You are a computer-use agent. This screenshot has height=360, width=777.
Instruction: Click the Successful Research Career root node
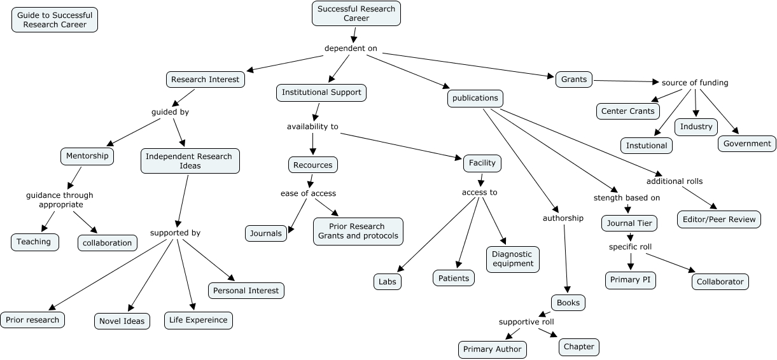coord(356,13)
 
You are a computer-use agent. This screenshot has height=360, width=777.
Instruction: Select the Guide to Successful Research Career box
coord(55,20)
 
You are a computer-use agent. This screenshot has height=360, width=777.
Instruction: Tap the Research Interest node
coord(206,80)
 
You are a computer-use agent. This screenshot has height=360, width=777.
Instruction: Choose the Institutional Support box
coord(321,92)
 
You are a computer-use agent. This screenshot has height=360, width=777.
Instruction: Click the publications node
coord(475,98)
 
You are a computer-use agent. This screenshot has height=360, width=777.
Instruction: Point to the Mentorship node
coord(87,156)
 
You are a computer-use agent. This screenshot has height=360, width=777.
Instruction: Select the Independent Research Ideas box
coord(190,161)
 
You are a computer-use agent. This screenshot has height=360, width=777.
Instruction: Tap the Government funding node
coord(747,144)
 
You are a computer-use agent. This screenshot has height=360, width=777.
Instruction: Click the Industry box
coord(696,127)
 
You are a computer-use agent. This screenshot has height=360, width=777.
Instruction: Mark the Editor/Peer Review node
coord(719,219)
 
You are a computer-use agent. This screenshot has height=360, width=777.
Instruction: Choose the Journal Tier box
coord(629,223)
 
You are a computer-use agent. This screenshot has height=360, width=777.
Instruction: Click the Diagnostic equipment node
coord(512,259)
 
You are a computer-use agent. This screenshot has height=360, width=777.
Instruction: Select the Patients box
coord(454,278)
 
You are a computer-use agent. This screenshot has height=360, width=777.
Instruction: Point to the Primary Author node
coord(492,349)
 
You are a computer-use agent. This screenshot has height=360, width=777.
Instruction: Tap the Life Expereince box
coord(199,320)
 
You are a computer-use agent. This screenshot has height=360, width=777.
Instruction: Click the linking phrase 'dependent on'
coord(351,48)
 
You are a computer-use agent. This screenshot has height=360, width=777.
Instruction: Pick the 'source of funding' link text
coord(695,83)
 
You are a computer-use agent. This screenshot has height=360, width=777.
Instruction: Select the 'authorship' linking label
coord(563,218)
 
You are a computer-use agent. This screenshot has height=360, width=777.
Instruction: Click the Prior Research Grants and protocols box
coord(358,231)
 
